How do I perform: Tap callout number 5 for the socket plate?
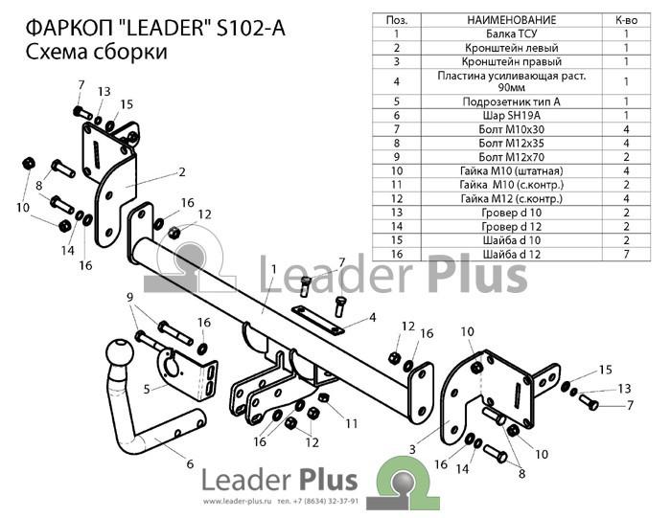(147, 390)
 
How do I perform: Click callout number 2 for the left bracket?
(182, 171)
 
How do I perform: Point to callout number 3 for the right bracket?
(412, 449)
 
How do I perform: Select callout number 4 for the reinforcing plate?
(373, 317)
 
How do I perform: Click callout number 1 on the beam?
(273, 269)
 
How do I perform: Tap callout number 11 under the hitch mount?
(352, 423)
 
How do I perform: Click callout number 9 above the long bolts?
(130, 297)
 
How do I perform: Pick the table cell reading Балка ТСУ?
(511, 34)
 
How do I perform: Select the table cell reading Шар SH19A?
(511, 116)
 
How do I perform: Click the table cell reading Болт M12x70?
(511, 157)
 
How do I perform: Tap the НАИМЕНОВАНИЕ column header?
(511, 20)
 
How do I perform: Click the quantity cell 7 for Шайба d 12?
(626, 255)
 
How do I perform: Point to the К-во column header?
(626, 20)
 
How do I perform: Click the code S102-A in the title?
(251, 29)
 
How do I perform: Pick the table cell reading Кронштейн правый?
(511, 61)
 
